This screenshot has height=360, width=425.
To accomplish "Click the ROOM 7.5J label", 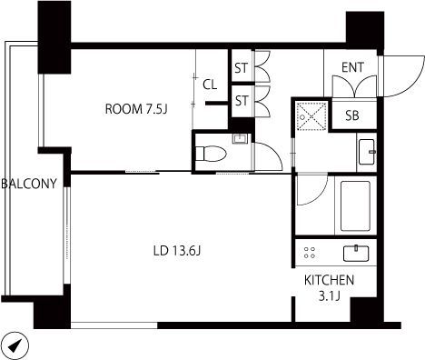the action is [x=136, y=109].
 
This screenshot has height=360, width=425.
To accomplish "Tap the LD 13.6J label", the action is [x=177, y=251].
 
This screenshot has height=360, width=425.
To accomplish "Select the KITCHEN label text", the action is [x=329, y=280].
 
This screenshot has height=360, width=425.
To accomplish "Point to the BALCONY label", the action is [x=29, y=184].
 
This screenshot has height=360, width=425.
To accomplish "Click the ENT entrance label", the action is [x=352, y=67].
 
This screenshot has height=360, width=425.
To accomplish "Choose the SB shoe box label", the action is [x=352, y=115].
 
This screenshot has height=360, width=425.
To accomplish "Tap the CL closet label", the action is [x=210, y=85].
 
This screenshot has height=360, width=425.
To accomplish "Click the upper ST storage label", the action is [x=242, y=68].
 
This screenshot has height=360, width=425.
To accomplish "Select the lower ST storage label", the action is [x=242, y=101].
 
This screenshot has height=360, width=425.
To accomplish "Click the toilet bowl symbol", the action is [x=211, y=154].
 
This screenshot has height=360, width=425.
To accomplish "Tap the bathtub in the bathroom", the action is [x=355, y=206].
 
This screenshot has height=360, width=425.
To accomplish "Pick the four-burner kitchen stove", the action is [x=310, y=253].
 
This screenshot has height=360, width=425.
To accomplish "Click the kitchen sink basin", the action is [x=356, y=254].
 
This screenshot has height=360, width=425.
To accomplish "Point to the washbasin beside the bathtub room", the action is [x=367, y=152].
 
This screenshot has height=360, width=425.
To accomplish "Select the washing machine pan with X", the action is [x=311, y=116].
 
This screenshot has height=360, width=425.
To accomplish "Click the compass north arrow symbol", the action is [x=15, y=345].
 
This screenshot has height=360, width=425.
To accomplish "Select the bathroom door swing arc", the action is [x=318, y=196].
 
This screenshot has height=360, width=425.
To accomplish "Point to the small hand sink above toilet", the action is [x=240, y=138].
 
